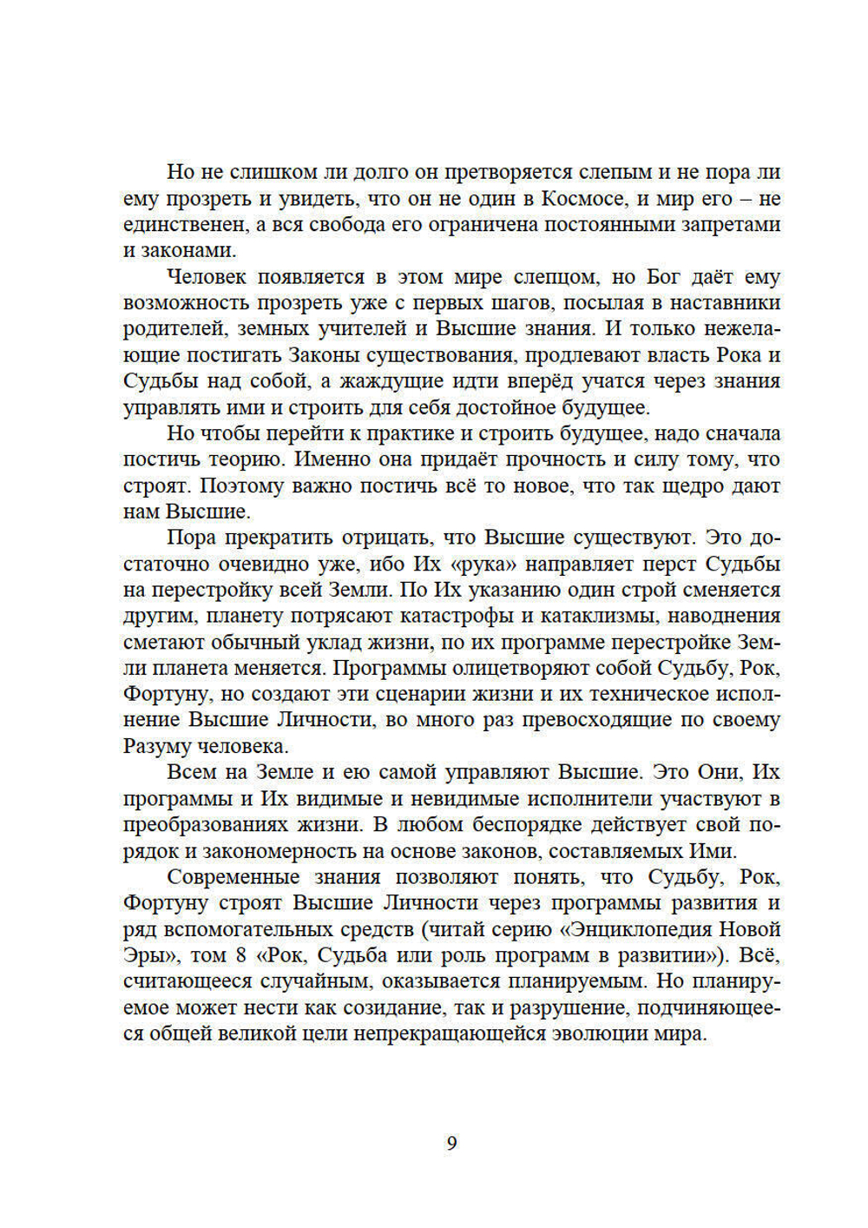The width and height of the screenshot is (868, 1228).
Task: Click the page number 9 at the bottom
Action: [451, 1143]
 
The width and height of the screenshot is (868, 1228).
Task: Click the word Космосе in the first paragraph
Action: [582, 198]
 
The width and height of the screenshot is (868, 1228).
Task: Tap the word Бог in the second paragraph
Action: [665, 277]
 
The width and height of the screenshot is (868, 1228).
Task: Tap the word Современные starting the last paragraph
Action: [233, 877]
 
